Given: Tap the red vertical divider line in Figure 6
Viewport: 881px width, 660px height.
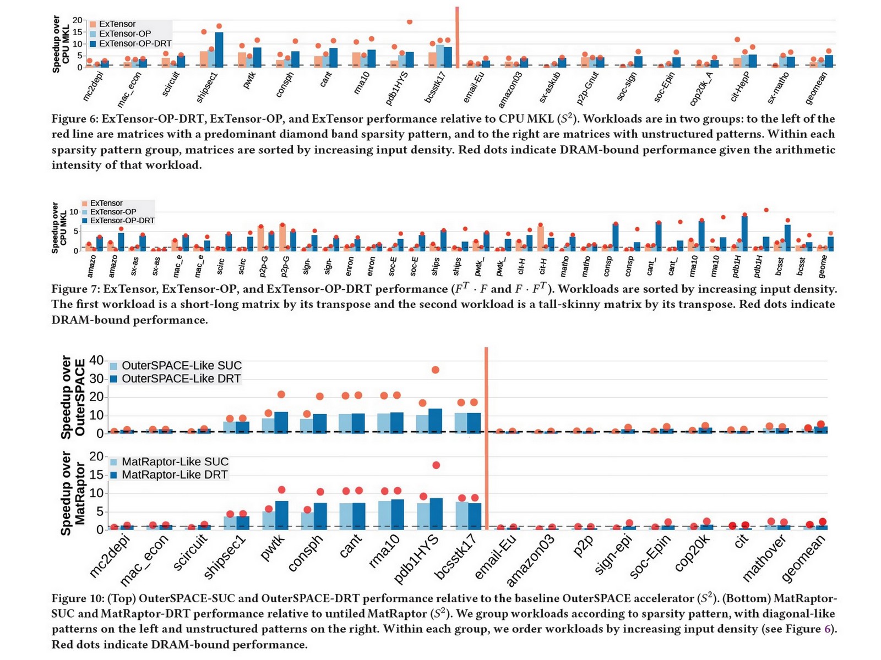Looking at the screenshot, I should click(x=457, y=38).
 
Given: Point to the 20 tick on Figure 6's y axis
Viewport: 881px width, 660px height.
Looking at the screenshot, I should click(x=78, y=20).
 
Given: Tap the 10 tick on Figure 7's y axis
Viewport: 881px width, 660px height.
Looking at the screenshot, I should click(x=74, y=212).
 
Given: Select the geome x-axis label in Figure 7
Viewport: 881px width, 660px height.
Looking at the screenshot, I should click(x=823, y=266).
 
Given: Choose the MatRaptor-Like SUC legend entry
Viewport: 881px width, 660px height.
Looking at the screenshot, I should click(x=175, y=462).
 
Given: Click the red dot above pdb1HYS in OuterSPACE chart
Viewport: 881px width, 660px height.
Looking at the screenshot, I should click(x=436, y=370).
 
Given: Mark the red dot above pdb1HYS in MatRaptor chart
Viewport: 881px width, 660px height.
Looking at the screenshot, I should click(x=436, y=465).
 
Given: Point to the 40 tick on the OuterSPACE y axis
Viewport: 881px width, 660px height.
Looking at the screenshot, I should click(x=96, y=360).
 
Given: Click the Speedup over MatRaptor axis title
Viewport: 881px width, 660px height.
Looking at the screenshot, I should click(x=73, y=493).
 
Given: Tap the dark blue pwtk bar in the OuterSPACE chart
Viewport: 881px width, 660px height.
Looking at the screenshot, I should click(x=281, y=422).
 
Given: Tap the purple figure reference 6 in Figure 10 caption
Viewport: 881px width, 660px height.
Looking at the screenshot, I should click(x=827, y=629).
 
